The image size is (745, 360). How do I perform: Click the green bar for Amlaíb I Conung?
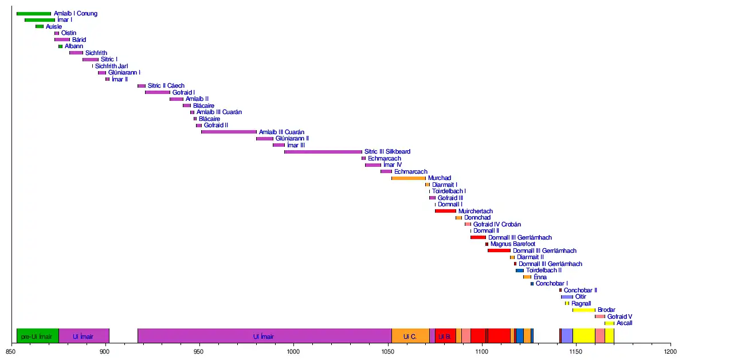coord(34,13)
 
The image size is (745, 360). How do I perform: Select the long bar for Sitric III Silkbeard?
coord(323,152)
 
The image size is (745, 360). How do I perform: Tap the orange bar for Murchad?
coord(409,178)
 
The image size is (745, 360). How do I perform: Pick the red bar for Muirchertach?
coord(445,211)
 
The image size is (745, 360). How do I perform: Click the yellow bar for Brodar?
coord(584,310)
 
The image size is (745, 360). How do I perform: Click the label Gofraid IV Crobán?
coord(497,224)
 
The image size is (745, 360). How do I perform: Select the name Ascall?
coord(624,323)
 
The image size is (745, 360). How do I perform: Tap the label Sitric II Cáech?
coord(166,86)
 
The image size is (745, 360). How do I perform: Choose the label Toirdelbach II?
coord(543,271)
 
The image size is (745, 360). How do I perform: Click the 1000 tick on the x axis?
coord(293,345)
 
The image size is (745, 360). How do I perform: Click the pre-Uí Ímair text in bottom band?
coord(37,336)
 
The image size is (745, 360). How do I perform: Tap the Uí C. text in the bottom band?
coord(410,336)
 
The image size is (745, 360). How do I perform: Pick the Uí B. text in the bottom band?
coord(444,336)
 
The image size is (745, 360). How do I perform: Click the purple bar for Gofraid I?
coord(158,92)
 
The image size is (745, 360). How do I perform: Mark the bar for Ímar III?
coord(279,145)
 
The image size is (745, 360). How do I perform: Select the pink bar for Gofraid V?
coord(599,316)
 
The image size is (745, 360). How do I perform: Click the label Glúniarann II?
coord(292,139)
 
